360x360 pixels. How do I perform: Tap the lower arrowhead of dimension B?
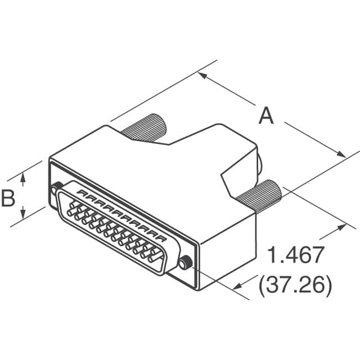23,217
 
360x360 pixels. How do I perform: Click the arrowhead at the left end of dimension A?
201,75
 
